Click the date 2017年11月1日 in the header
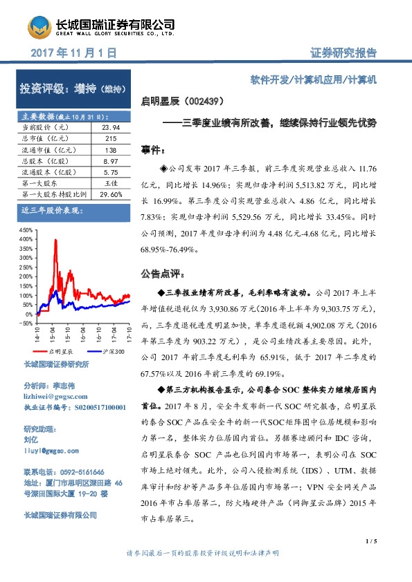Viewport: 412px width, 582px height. click(x=73, y=53)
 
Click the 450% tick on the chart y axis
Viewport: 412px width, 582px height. click(x=26, y=229)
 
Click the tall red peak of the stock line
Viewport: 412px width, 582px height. click(x=52, y=241)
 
